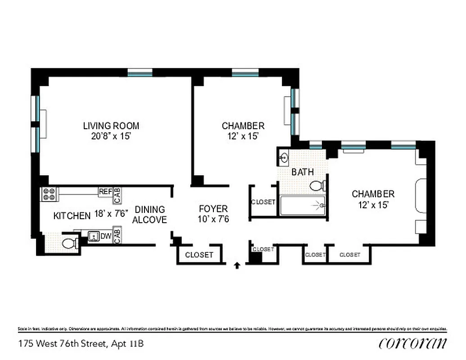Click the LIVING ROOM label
111,126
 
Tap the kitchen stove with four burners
49,193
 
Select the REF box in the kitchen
105,192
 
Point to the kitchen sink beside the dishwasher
94,236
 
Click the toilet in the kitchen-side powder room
69,244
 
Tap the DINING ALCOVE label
150,215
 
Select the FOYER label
213,209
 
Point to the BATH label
303,172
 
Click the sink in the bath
284,158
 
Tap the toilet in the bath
317,185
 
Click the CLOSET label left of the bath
263,202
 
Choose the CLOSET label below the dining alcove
199,255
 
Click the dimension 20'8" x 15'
111,136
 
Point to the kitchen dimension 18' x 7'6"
111,214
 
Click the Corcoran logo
413,344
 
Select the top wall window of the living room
140,72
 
